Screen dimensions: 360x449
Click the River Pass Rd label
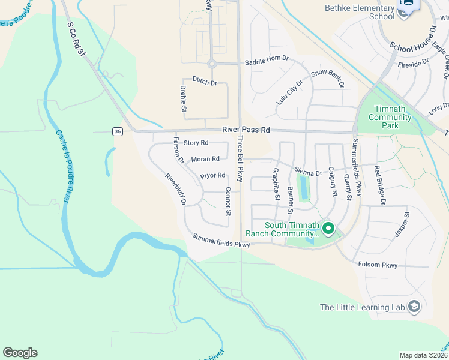pos(246,130)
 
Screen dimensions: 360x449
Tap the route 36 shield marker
pos(117,131)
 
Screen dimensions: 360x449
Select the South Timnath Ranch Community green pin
pos(328,228)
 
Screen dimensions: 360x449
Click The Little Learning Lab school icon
pos(414,307)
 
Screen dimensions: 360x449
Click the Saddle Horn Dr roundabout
pos(211,64)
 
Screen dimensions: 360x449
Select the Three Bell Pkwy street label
pos(240,159)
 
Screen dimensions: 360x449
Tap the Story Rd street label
pos(196,143)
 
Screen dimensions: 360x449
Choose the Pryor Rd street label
pos(212,176)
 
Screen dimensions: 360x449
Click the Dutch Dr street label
pos(205,80)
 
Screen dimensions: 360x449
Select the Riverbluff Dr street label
pos(176,189)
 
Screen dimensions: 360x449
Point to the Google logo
pos(20,353)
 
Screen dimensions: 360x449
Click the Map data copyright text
pos(423,355)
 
